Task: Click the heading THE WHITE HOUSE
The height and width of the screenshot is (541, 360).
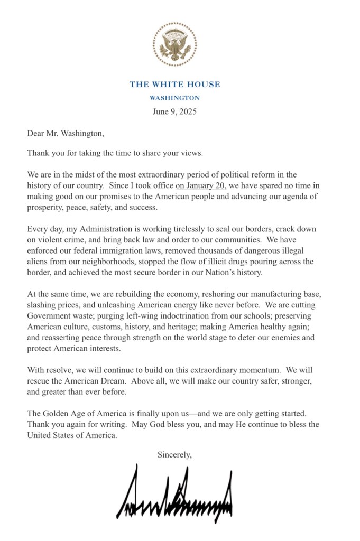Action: (175, 85)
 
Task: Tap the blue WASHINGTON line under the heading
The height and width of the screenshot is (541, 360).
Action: (175, 98)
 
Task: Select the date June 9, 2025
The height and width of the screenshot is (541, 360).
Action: (175, 111)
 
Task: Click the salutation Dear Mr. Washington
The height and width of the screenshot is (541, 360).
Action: (66, 134)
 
